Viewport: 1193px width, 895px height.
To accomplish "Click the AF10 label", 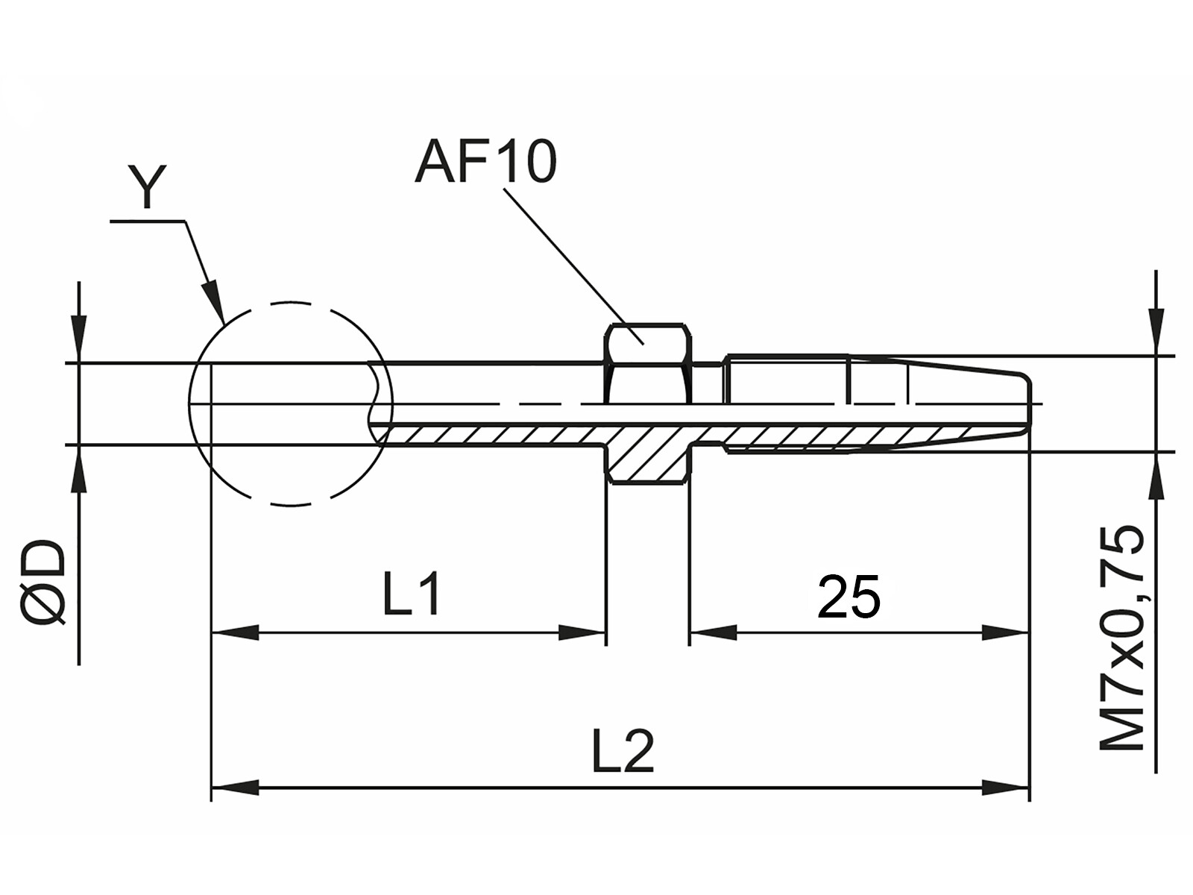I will [x=485, y=162].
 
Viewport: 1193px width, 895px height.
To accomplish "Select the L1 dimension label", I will [x=412, y=594].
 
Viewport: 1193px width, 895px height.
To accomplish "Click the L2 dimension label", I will [x=623, y=751].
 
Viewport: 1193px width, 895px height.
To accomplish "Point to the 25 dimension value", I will [x=849, y=597].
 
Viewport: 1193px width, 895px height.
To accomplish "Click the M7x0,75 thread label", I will [x=1121, y=638].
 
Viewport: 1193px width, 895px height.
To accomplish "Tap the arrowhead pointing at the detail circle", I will [x=215, y=301].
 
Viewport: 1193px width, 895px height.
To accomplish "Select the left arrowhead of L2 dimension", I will [x=233, y=787].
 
